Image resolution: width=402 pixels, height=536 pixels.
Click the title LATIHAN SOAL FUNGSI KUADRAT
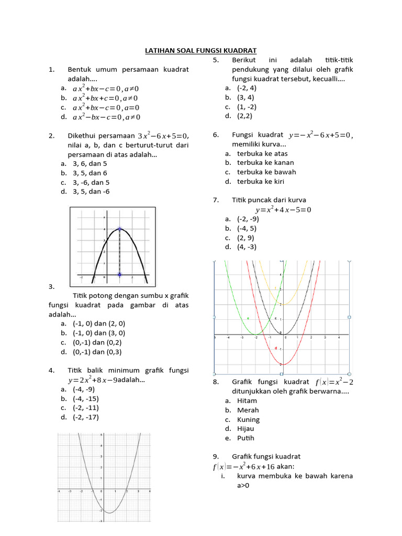[x=200, y=51]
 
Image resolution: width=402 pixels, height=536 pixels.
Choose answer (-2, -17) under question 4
[x=86, y=417]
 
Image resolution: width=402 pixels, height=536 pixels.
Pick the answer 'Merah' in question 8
[x=248, y=410]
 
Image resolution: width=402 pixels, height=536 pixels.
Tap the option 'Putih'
[x=246, y=439]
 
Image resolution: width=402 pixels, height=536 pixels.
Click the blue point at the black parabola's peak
[x=119, y=229]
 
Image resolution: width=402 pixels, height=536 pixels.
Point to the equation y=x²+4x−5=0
[x=283, y=210]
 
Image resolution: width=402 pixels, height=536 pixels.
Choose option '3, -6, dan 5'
[x=92, y=183]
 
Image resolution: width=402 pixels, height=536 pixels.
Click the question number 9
[x=215, y=457]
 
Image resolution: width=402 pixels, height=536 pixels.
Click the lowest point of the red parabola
[x=283, y=364]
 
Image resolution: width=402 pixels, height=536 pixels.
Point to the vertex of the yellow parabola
[x=283, y=304]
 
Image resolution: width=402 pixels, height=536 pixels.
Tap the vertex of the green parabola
[x=255, y=334]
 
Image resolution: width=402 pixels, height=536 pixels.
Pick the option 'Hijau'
[x=245, y=429]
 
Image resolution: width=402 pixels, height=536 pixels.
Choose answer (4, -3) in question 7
[x=247, y=247]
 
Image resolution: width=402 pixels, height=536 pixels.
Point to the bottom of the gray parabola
[x=109, y=512]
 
